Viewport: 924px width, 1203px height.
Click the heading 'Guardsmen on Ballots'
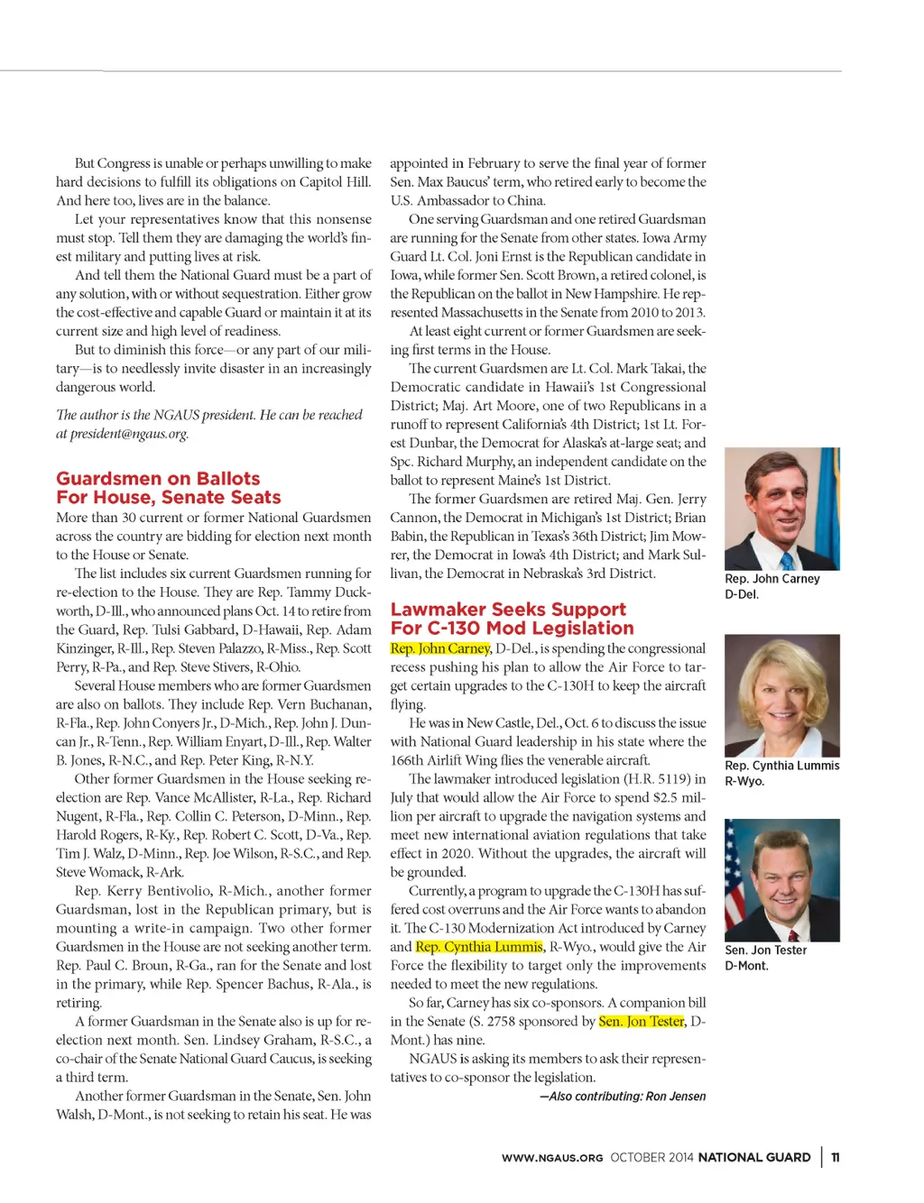tap(158, 479)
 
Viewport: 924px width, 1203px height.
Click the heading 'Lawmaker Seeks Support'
tap(508, 610)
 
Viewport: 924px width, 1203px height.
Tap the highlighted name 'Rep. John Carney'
tap(440, 648)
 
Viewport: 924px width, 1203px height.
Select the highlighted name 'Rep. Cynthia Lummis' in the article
tap(479, 947)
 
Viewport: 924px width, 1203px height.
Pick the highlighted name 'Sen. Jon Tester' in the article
tap(642, 1022)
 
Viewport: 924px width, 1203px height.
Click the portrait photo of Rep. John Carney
tap(781, 509)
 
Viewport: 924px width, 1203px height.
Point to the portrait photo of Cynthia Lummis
tap(781, 695)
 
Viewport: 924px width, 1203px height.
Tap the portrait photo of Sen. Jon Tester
tap(781, 880)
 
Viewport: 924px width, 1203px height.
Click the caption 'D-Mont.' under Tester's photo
tap(747, 966)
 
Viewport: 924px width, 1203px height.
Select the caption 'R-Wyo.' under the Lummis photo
tap(744, 781)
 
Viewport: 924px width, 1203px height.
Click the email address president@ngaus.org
tap(129, 434)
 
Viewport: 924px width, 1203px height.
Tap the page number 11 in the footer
tap(836, 1158)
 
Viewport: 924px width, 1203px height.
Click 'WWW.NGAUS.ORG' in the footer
tap(552, 1158)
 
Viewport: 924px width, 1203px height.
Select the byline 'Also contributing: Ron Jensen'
tap(623, 1097)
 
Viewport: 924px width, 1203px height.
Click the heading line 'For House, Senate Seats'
tap(169, 498)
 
